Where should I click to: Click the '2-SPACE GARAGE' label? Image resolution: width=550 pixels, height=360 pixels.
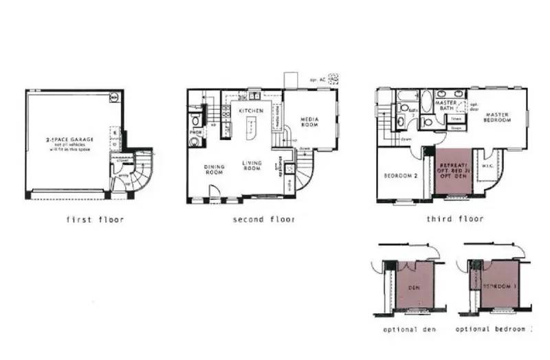(x=70, y=139)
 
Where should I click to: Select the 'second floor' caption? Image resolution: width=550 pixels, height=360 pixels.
(x=264, y=220)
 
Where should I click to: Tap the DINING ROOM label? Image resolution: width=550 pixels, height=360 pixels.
(x=214, y=169)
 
